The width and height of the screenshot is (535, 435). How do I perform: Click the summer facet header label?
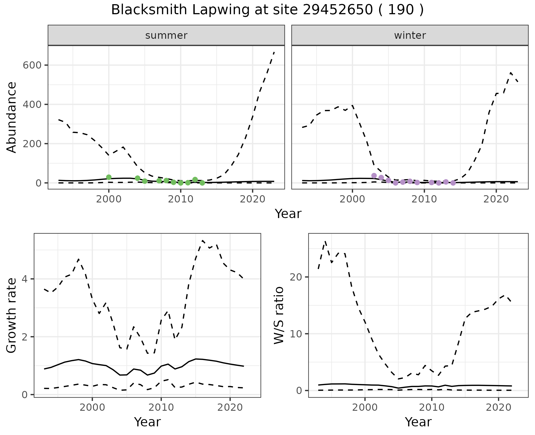[166, 35]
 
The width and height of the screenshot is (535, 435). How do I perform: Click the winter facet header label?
[410, 35]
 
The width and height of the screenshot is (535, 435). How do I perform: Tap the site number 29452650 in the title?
[338, 10]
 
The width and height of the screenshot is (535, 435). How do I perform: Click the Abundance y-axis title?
[12, 117]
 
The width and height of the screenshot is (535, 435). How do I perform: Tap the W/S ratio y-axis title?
[279, 315]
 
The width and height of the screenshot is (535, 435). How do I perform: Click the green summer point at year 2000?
[109, 177]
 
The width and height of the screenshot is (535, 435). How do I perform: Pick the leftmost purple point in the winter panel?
[374, 176]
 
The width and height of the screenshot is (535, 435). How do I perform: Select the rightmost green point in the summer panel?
[202, 183]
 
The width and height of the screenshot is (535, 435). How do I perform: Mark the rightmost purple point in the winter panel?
[453, 183]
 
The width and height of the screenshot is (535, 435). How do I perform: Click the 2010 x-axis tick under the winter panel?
[424, 200]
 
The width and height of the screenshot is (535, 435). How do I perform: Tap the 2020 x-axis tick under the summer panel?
[252, 200]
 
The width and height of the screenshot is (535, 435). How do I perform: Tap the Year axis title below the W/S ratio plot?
[418, 422]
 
